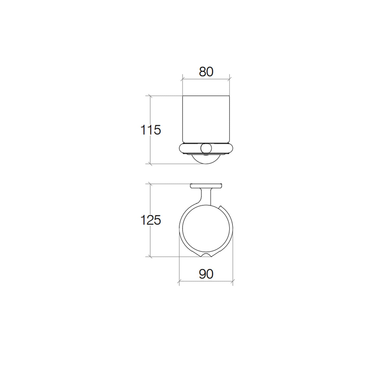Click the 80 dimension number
click(x=206, y=72)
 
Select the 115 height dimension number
click(x=151, y=130)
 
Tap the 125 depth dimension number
click(x=151, y=220)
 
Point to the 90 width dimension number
click(x=206, y=274)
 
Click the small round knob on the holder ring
click(x=206, y=148)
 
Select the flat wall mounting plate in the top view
click(x=206, y=186)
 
